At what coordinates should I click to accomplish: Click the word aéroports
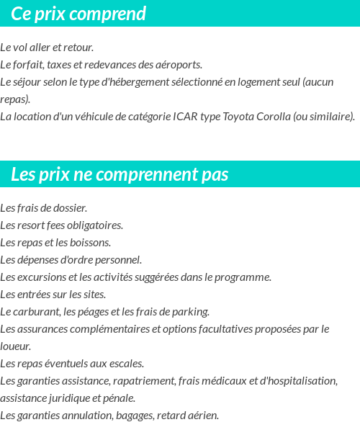[x=179, y=65]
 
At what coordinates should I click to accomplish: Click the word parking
[x=190, y=312]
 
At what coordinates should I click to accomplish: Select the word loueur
[x=15, y=346]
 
